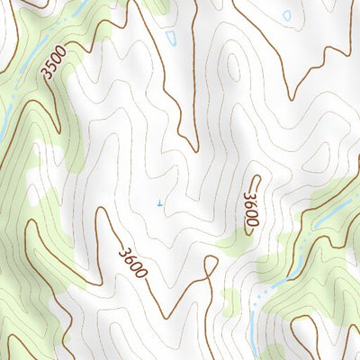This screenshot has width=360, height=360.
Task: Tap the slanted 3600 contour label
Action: coord(132,259)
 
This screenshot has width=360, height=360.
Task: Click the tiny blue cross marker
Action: coord(159,203)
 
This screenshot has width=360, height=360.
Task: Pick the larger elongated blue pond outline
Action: coord(172,37)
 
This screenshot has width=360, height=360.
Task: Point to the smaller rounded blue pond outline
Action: coord(287,15)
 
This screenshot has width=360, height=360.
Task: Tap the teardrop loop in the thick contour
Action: coord(211,265)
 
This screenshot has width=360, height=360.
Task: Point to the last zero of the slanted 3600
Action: coord(141,269)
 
